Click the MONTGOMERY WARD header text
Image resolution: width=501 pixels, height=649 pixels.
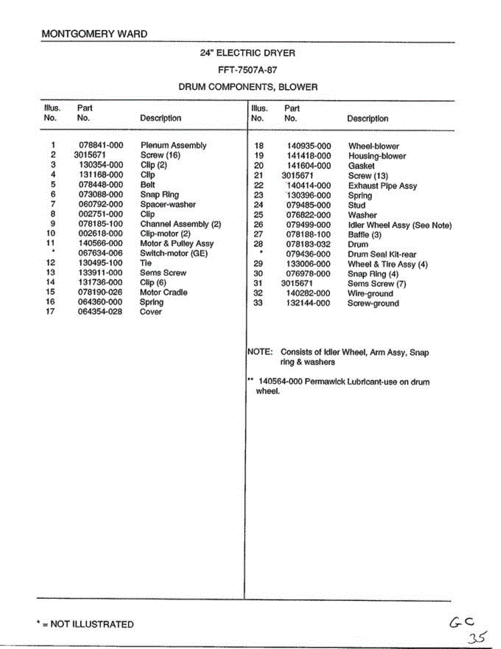94,34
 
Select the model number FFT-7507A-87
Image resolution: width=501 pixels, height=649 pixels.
248,70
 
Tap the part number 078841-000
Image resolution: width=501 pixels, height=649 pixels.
101,145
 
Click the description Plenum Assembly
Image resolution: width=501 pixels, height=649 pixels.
173,145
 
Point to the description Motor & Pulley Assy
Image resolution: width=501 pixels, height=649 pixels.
177,243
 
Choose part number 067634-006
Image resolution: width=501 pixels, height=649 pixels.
101,253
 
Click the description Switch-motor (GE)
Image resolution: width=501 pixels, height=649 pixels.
173,253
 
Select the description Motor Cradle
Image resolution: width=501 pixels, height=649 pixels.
163,292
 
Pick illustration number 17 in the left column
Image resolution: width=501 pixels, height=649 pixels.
50,312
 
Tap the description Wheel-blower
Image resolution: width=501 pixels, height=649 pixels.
373,146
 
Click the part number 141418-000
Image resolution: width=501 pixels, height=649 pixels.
308,156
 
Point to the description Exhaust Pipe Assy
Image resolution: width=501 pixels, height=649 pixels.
382,186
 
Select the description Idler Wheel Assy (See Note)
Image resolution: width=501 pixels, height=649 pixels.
399,225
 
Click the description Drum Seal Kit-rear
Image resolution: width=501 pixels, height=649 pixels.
382,254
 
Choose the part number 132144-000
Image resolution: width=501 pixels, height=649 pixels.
308,303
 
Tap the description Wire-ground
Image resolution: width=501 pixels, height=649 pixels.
370,294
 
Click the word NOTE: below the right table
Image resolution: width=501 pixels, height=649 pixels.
259,352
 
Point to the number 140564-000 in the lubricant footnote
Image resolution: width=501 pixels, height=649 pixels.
280,382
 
